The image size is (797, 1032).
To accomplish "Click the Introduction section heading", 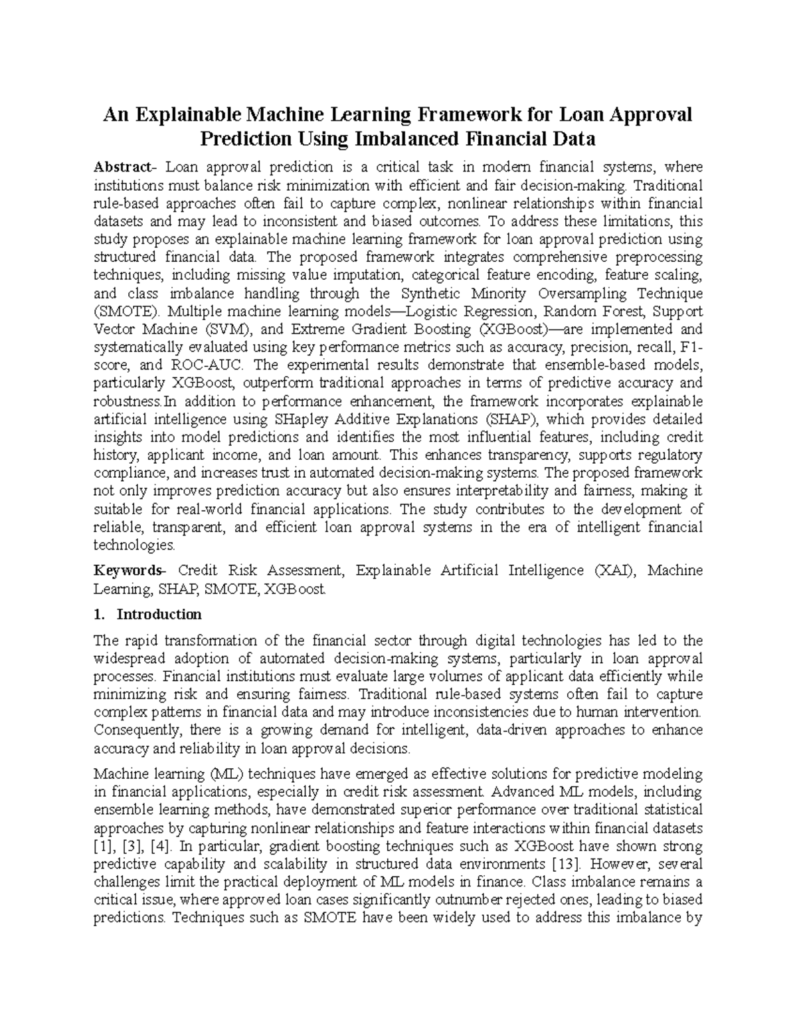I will coord(159,614).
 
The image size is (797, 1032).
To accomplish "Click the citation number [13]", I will coord(567,865).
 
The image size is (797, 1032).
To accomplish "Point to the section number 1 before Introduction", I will coord(99,614).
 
